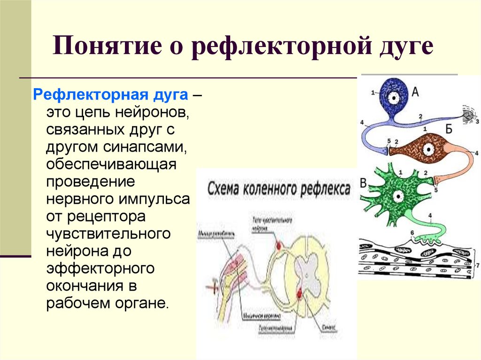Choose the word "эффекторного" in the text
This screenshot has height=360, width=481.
pyautogui.click(x=101, y=268)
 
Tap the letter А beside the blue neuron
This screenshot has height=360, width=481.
pyautogui.click(x=415, y=93)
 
